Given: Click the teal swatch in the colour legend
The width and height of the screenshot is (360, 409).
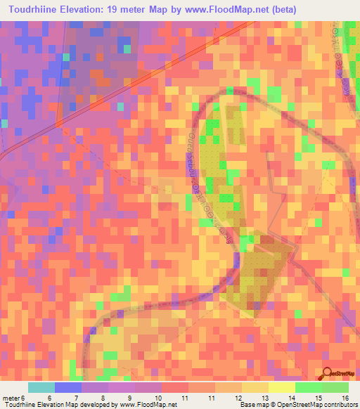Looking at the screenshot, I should (x=41, y=387).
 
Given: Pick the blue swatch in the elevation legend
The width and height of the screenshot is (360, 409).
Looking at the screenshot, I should (x=67, y=387).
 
